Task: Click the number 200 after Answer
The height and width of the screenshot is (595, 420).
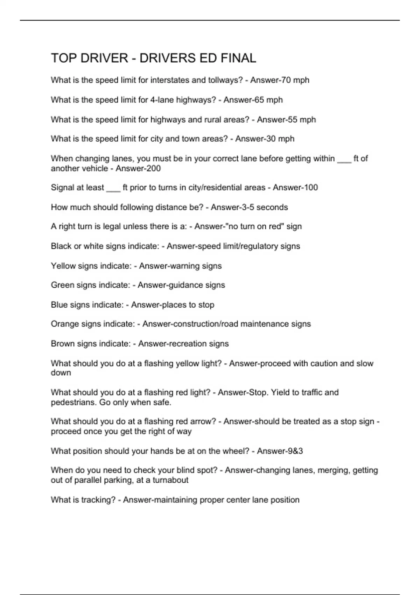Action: click(x=153, y=169)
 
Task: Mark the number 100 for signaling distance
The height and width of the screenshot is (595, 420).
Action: click(x=310, y=188)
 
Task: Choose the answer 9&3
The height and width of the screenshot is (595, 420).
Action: click(x=295, y=451)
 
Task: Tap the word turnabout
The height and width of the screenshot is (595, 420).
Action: click(x=170, y=480)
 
